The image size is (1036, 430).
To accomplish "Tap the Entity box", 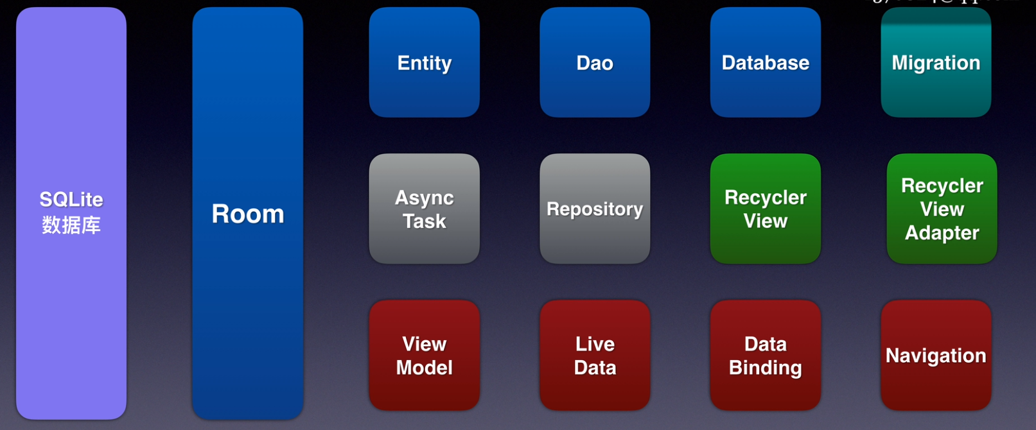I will pyautogui.click(x=424, y=62).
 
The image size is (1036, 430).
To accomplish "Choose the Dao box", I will pyautogui.click(x=595, y=62).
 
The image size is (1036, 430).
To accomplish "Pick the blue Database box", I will pyautogui.click(x=765, y=62).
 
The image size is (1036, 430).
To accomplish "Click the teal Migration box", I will pyautogui.click(x=936, y=62).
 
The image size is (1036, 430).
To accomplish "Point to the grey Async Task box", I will pyautogui.click(x=424, y=209).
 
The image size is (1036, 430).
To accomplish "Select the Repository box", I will pyautogui.click(x=595, y=209).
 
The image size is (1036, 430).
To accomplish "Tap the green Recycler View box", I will pyautogui.click(x=765, y=209).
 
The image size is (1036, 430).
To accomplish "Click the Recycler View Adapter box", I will pyautogui.click(x=942, y=209).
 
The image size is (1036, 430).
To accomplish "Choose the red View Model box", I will pyautogui.click(x=424, y=355).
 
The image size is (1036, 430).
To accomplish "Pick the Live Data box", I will pyautogui.click(x=595, y=355).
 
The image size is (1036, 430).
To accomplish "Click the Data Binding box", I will pyautogui.click(x=765, y=355).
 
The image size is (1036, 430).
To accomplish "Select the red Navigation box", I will pyautogui.click(x=936, y=355).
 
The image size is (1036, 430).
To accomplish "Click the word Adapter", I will pyautogui.click(x=942, y=233).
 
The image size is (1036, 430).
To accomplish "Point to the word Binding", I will pyautogui.click(x=765, y=368).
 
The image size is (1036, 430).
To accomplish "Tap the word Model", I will pyautogui.click(x=424, y=368).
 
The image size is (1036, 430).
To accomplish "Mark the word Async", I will pyautogui.click(x=424, y=198).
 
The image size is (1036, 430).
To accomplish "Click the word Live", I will pyautogui.click(x=595, y=344).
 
